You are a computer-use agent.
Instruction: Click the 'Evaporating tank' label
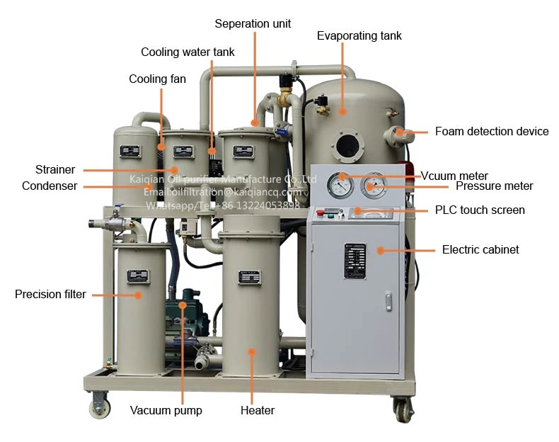pos(359,35)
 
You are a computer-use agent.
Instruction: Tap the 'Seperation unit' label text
pos(253,23)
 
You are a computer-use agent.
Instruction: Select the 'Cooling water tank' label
pos(188,52)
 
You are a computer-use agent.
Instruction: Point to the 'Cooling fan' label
pos(157,79)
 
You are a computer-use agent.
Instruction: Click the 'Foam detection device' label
pos(491,131)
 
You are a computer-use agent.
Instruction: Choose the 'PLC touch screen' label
pos(479,210)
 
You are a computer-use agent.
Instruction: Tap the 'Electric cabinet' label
pos(480,249)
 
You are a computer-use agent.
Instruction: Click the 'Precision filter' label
pos(50,294)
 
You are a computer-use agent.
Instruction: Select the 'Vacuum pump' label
pos(166,410)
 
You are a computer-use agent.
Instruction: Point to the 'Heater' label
pos(258,410)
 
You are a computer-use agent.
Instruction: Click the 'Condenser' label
pos(50,186)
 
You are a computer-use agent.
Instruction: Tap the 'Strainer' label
pos(55,169)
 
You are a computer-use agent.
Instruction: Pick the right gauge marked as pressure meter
pos(372,186)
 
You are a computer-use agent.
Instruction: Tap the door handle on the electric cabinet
pos(388,302)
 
